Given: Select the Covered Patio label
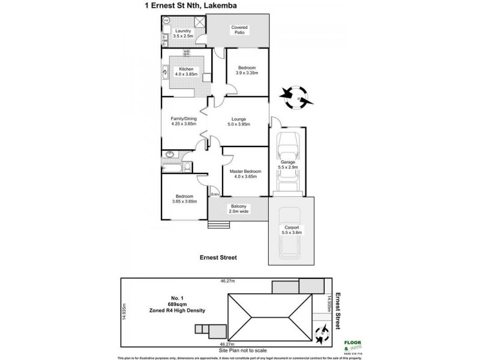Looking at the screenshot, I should pos(239,31).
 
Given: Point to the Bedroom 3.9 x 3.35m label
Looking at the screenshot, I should pos(246,71).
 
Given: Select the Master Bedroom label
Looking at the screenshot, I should pos(245,174).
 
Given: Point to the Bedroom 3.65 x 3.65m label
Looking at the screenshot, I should pos(184,199).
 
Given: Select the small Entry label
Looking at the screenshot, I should pos(214,194).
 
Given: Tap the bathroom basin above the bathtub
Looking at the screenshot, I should pos(170,155).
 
